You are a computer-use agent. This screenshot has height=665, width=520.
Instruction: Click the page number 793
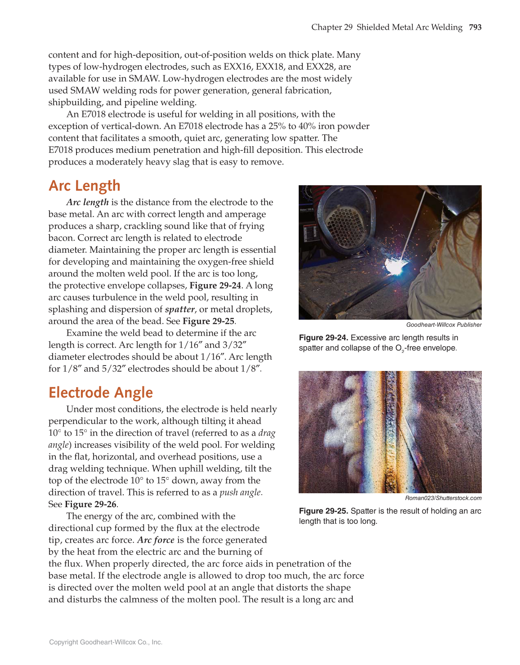click(475, 27)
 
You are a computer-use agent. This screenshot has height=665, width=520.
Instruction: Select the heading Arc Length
click(85, 186)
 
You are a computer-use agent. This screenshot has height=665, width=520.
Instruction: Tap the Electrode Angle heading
click(101, 393)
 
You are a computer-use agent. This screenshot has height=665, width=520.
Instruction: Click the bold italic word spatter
click(179, 309)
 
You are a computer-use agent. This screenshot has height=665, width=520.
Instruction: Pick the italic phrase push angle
click(240, 492)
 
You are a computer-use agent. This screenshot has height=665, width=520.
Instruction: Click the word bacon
click(62, 238)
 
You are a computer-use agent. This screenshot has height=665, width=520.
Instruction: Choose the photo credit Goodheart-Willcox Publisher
click(444, 325)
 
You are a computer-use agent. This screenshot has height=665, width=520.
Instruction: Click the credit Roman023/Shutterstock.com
click(443, 498)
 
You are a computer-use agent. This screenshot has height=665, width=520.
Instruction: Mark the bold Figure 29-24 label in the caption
click(323, 338)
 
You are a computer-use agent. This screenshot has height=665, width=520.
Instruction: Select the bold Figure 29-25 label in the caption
click(323, 511)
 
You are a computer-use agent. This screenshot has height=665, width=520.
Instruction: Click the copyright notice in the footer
click(106, 642)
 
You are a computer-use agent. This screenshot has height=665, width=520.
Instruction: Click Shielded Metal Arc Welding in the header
click(409, 27)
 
